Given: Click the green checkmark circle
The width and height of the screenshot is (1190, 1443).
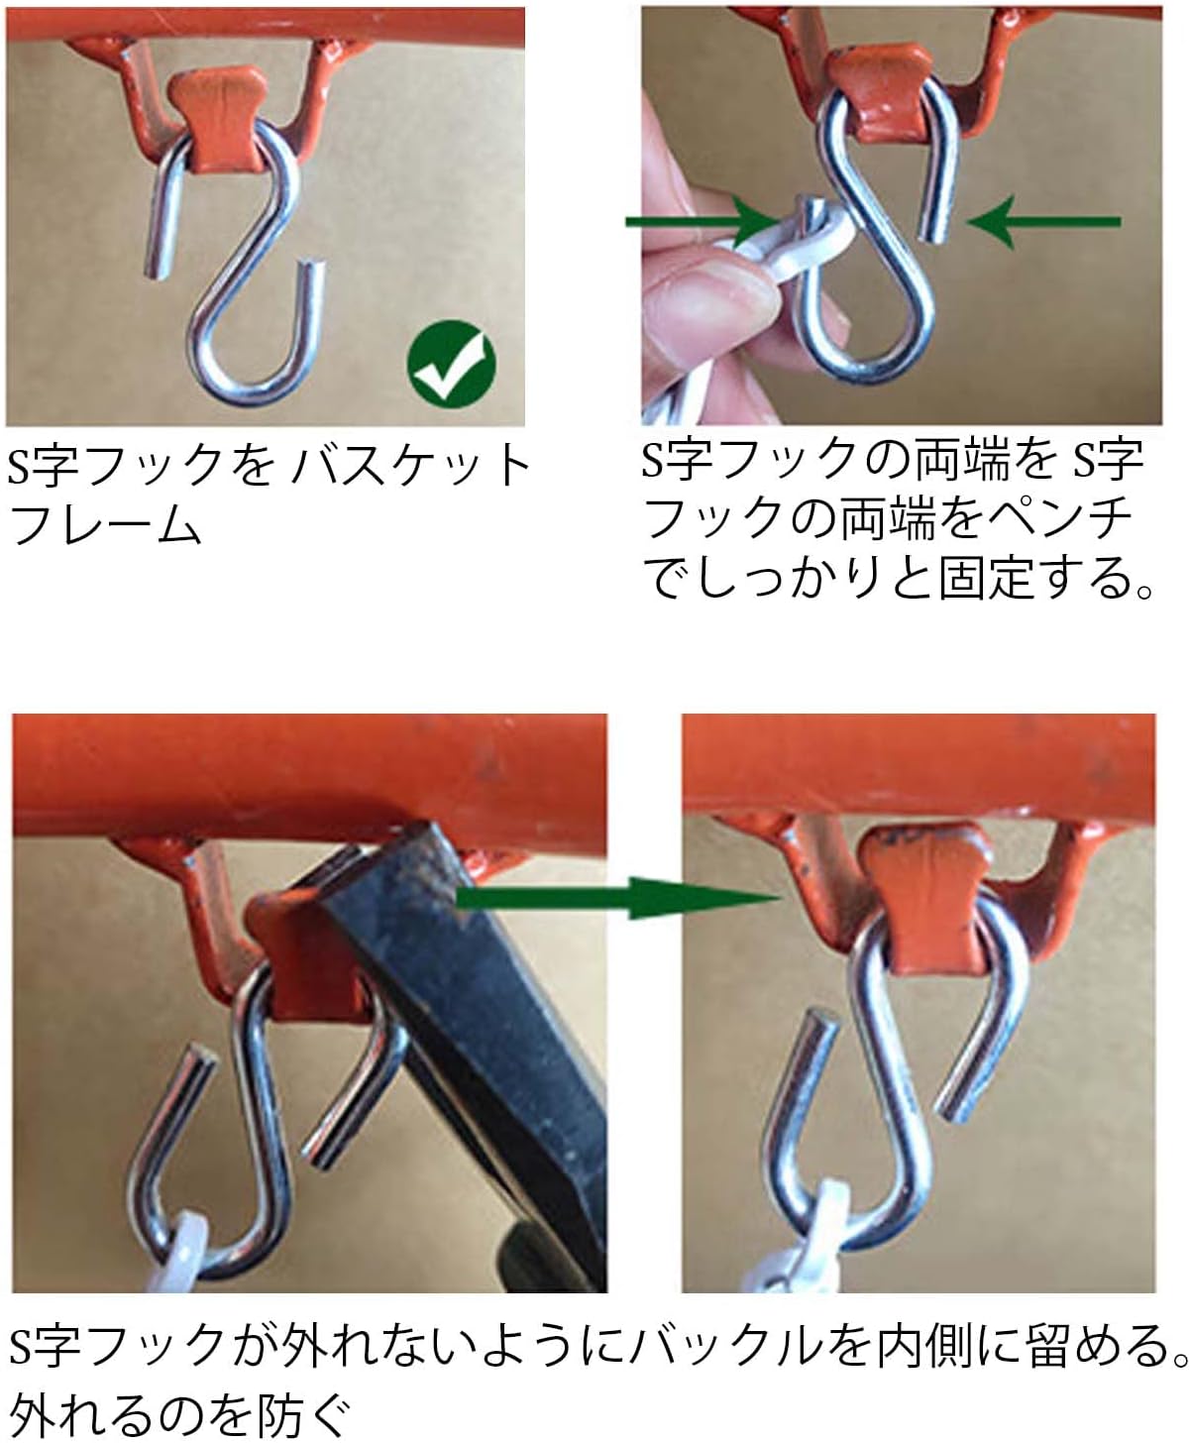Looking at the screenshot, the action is point(451,362).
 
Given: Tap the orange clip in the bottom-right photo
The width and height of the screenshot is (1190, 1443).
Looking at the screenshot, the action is point(926,899).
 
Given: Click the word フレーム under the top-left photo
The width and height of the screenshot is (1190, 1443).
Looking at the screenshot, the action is point(105,525).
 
